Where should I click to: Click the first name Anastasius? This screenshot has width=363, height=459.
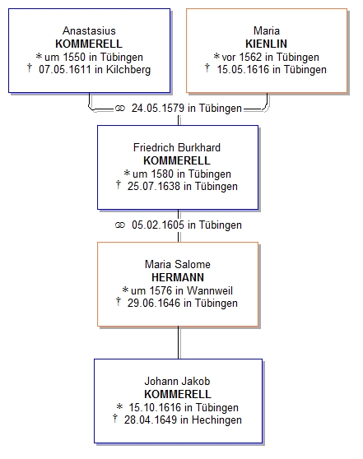click(x=89, y=30)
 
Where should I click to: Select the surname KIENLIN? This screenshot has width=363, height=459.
click(x=267, y=44)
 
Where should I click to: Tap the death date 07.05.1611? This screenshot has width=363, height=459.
click(x=65, y=70)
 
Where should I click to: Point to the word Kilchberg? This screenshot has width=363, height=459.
click(x=128, y=70)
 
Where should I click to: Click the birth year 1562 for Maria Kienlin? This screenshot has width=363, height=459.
click(x=250, y=57)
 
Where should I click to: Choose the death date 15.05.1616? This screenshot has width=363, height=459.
click(x=243, y=70)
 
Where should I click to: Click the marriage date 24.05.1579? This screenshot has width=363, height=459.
click(x=158, y=109)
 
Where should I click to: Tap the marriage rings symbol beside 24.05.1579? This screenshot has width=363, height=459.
click(x=120, y=109)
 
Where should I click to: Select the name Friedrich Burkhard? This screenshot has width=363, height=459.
click(x=177, y=147)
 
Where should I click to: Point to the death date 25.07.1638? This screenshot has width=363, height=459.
click(x=154, y=187)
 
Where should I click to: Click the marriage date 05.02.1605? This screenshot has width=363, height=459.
click(x=158, y=225)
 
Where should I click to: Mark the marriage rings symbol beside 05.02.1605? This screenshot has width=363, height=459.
click(x=120, y=225)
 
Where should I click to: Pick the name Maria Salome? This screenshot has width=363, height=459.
click(x=178, y=264)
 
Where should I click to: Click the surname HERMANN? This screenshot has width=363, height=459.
click(x=178, y=277)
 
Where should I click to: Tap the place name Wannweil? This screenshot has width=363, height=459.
click(x=210, y=290)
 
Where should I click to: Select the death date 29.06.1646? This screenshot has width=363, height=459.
click(x=154, y=304)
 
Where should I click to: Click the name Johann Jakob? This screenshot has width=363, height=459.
click(x=177, y=381)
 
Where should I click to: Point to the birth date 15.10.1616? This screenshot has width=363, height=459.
click(x=156, y=407)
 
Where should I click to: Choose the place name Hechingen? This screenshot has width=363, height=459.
click(x=216, y=420)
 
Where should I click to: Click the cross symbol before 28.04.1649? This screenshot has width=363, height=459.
click(x=115, y=419)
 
